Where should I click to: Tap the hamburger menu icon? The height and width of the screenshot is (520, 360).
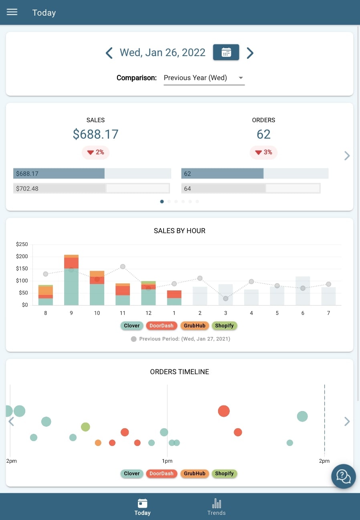click(12, 12)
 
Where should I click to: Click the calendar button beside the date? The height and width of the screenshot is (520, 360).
click(226, 52)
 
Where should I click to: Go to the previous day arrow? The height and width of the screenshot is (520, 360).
click(109, 53)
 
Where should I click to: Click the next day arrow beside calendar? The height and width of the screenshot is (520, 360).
click(250, 53)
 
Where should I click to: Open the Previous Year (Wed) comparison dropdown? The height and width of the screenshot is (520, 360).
click(204, 78)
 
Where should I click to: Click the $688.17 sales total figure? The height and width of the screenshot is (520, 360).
click(95, 134)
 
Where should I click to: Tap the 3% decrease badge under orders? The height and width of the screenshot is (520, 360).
click(263, 152)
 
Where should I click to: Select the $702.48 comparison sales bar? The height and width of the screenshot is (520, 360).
click(91, 188)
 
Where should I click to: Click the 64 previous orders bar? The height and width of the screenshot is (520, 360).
click(251, 188)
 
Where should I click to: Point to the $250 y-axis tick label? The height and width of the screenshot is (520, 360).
click(22, 244)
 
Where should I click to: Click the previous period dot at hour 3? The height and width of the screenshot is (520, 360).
click(226, 298)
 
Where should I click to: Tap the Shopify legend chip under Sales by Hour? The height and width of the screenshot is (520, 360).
click(224, 326)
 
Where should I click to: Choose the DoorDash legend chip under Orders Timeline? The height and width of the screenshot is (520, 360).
click(161, 474)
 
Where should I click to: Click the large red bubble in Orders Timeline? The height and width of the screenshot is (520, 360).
click(224, 411)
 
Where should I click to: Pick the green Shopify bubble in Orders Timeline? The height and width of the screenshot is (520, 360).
click(85, 427)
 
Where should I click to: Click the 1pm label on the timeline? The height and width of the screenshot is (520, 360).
click(167, 461)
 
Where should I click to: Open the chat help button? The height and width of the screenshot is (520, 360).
click(343, 476)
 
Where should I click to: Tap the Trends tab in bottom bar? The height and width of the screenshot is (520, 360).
click(216, 507)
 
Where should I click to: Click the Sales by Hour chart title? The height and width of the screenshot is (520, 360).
click(180, 231)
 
